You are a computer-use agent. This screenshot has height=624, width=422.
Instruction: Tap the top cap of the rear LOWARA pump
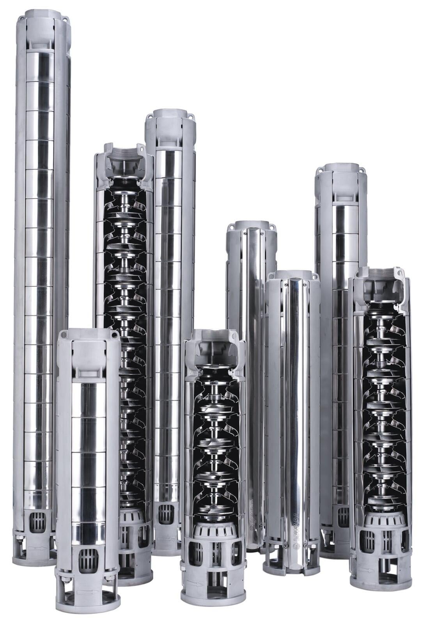(x=252, y=226)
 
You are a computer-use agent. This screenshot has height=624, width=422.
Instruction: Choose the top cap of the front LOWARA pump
(x=293, y=275)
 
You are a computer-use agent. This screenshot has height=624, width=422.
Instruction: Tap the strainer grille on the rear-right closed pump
(x=343, y=517)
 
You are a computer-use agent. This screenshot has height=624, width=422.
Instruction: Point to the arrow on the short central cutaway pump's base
(x=195, y=584)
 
